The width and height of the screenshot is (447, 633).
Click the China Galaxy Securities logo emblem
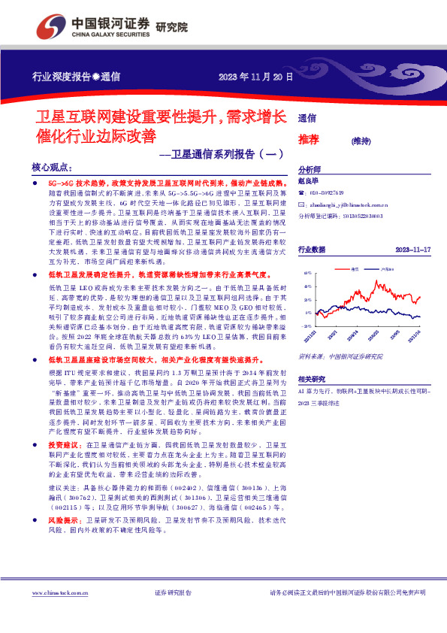51,25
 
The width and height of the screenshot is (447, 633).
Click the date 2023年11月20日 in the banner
249,77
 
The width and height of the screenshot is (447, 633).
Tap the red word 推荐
309,139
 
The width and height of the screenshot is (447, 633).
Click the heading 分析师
310,170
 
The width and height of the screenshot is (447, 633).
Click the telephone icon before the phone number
302,193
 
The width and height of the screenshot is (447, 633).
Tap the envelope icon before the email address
302,204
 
